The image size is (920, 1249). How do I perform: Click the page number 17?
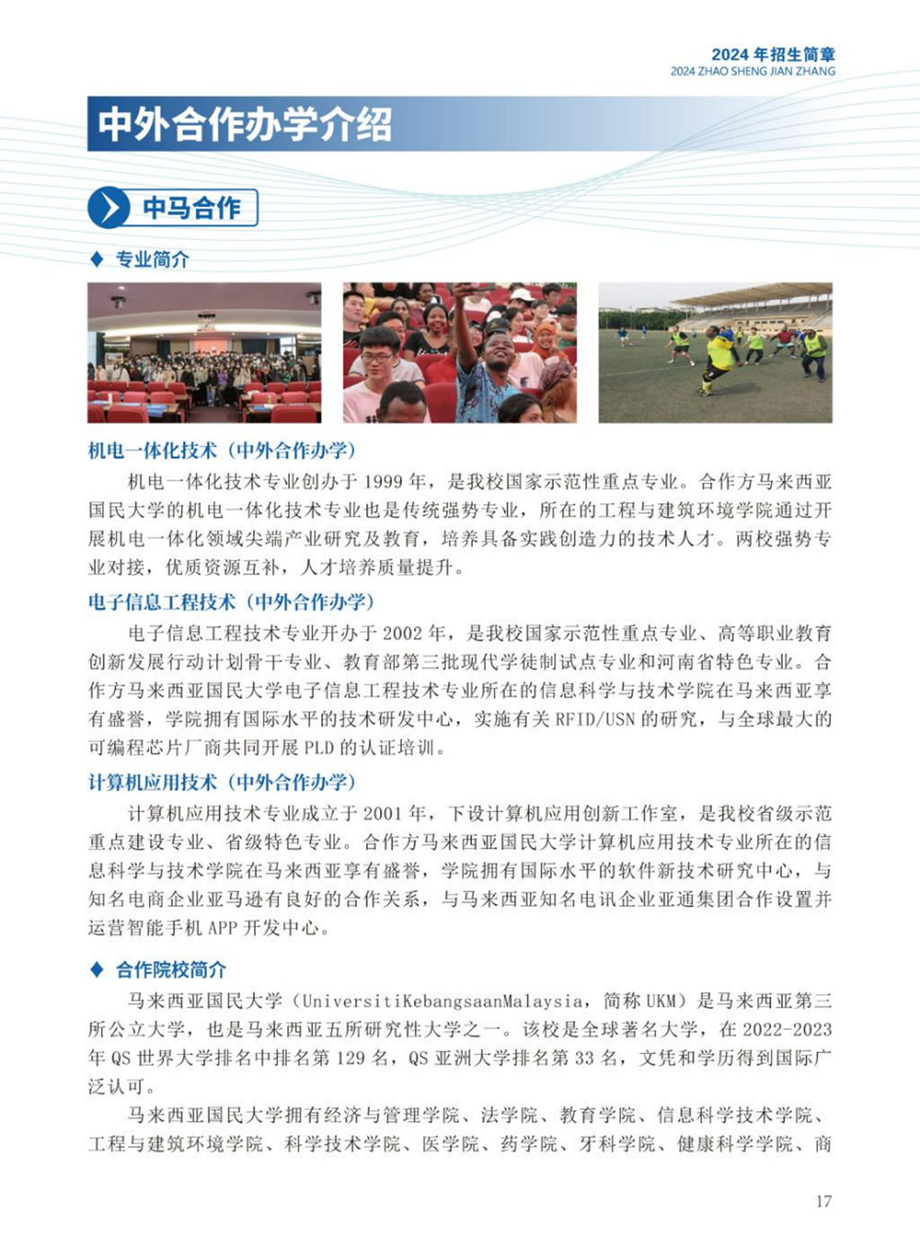(x=822, y=1200)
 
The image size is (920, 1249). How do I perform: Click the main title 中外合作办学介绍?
(x=246, y=124)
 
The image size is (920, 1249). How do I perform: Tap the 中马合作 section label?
(x=191, y=208)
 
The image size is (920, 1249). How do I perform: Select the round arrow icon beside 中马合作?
(x=109, y=208)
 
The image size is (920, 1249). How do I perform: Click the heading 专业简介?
(x=152, y=260)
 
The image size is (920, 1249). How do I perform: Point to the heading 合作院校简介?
(x=170, y=969)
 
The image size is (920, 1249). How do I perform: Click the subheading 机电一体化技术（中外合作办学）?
(x=222, y=450)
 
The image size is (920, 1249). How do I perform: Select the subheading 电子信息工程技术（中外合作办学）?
(x=232, y=602)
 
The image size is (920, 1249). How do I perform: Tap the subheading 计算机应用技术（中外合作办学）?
(x=222, y=782)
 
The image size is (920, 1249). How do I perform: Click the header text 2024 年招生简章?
(x=773, y=54)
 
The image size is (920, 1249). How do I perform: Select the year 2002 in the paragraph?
(x=404, y=633)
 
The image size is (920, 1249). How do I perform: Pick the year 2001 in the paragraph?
(x=384, y=814)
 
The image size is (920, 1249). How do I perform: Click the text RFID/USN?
(x=595, y=719)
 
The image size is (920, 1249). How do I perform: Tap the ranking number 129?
(x=351, y=1058)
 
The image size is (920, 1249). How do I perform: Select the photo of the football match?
(x=715, y=353)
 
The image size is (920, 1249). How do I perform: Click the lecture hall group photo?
(x=204, y=353)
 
